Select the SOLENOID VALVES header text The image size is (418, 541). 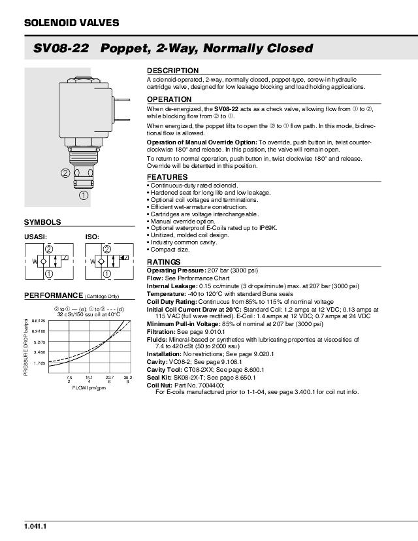point(71,23)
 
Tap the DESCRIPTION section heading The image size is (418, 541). point(172,71)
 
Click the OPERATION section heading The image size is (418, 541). point(169,99)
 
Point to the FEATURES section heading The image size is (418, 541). point(167,177)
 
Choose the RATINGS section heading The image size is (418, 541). point(163,262)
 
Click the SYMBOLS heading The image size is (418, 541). point(42,222)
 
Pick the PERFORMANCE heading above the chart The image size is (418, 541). point(54,295)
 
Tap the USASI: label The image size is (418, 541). point(36,237)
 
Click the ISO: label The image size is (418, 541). point(92,237)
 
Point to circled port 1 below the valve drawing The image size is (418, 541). point(84,195)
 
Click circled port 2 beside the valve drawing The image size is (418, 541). point(65,173)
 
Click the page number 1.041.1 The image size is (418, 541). point(35,527)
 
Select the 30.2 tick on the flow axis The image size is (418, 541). point(128,378)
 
